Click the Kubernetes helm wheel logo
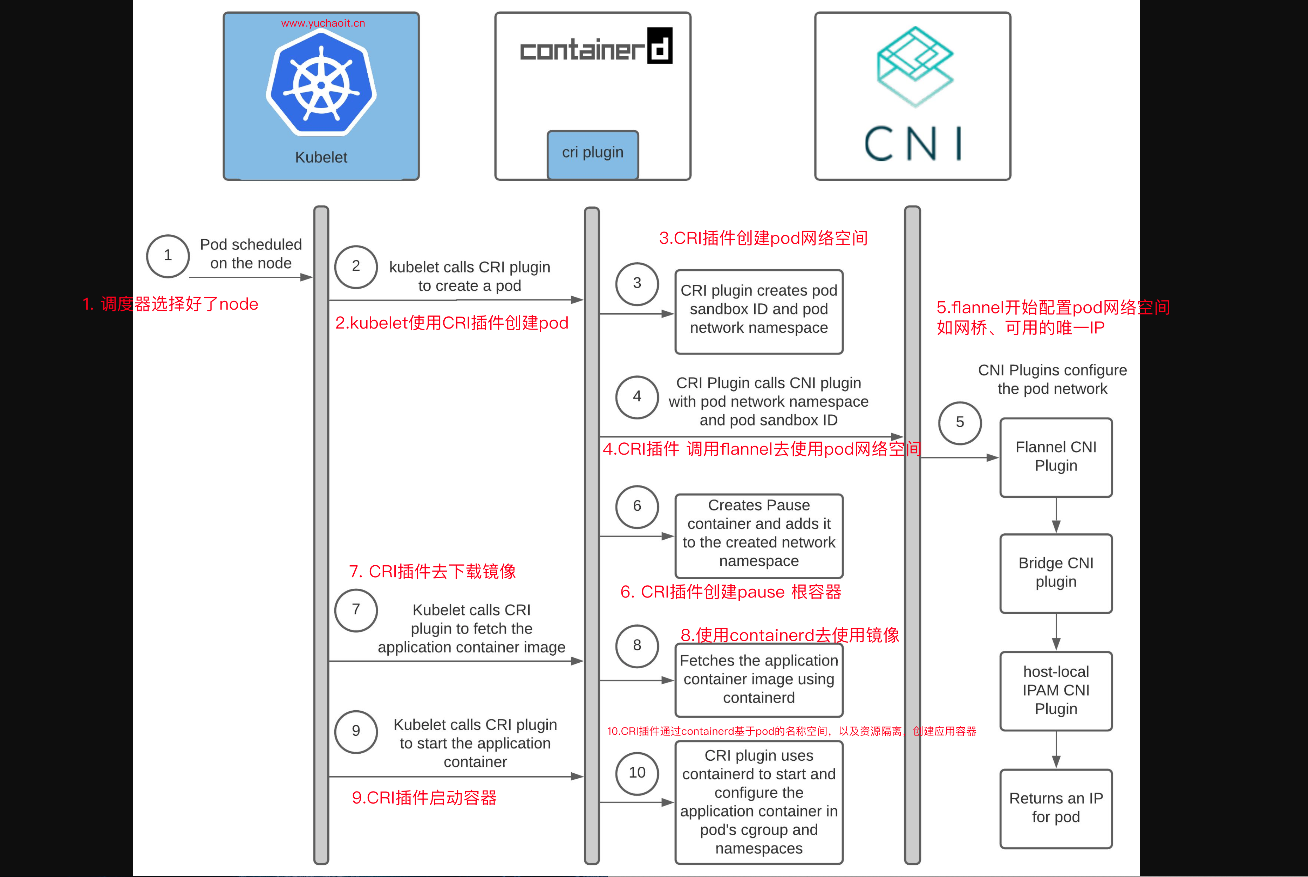point(321,84)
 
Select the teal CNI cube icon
point(914,65)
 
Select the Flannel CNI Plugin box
point(1056,457)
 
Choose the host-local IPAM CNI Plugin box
point(1056,691)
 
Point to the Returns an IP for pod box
point(1056,808)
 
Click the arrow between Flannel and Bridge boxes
point(1056,516)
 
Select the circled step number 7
point(356,610)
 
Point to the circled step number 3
point(636,284)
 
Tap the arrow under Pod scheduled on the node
point(250,277)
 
